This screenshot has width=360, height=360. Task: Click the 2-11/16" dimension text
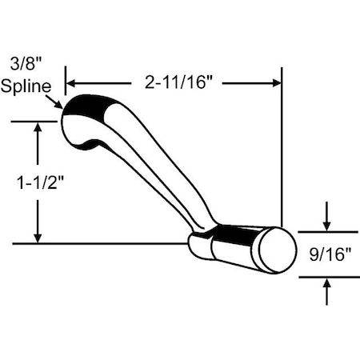pos(174,82)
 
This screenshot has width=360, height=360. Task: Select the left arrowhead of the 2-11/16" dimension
pos(70,82)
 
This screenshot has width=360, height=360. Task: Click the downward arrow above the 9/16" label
pos(326,225)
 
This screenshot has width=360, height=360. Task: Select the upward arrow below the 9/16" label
pos(326,283)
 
